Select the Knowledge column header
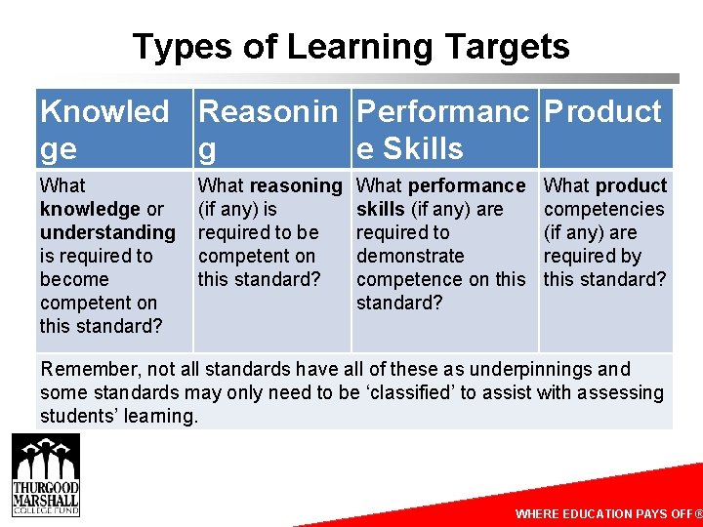[x=103, y=130]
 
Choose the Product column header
[x=602, y=112]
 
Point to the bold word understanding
[x=107, y=232]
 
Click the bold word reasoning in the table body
[x=296, y=185]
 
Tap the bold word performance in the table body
[x=467, y=185]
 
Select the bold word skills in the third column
[x=380, y=209]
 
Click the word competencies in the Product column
[x=603, y=209]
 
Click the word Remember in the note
[x=84, y=369]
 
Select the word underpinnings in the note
[x=529, y=369]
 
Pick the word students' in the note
[x=77, y=416]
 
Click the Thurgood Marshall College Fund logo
[x=46, y=475]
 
